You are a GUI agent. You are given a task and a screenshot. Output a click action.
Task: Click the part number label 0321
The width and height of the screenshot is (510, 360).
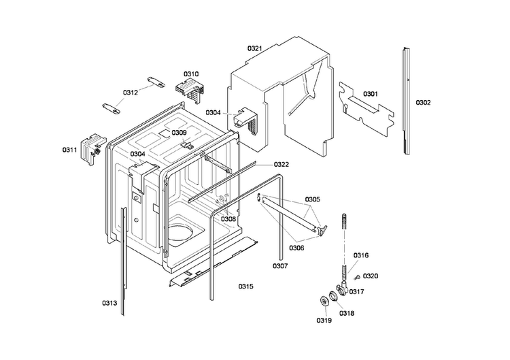(x=255, y=48)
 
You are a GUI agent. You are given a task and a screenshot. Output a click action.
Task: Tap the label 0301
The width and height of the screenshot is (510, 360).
(x=371, y=93)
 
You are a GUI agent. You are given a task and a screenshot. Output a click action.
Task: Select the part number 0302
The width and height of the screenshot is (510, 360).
(x=423, y=103)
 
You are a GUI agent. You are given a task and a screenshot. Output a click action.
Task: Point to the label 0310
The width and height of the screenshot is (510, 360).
(x=191, y=73)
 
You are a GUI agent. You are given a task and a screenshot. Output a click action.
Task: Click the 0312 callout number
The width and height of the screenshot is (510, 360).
(x=131, y=92)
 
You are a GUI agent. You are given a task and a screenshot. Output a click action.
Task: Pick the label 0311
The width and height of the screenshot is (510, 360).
(x=70, y=149)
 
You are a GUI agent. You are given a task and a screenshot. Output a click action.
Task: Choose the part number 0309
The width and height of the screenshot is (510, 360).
(x=179, y=133)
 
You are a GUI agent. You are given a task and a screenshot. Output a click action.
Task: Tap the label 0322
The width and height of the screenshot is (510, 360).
(x=282, y=165)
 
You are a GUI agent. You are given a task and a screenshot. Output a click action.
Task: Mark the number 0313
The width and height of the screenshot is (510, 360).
(x=109, y=303)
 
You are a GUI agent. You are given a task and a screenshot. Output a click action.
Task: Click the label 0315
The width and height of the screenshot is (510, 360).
(x=245, y=287)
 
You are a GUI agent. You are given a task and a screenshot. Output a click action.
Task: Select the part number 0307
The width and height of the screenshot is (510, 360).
(x=282, y=265)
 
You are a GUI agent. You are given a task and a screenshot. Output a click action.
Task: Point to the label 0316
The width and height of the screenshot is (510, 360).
(x=361, y=255)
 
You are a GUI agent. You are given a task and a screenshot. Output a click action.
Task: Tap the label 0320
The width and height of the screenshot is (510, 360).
(x=371, y=276)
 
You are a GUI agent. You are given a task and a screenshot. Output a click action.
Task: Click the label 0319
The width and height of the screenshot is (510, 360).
(x=323, y=321)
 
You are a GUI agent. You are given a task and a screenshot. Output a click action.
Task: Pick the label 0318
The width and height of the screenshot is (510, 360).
(x=347, y=313)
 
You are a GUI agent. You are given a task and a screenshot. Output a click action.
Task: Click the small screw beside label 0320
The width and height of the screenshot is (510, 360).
(x=355, y=276)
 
